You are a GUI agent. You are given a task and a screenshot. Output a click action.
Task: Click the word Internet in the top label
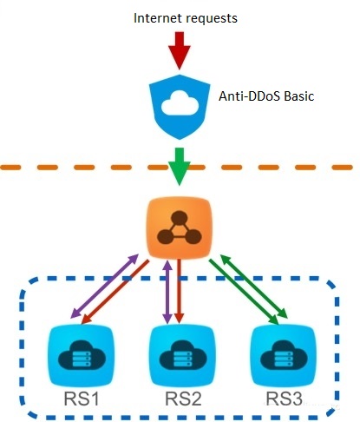pyautogui.click(x=157, y=18)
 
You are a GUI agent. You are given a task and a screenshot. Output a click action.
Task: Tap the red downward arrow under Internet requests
pyautogui.click(x=180, y=50)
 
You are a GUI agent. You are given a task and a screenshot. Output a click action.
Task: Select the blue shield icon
pyautogui.click(x=180, y=107)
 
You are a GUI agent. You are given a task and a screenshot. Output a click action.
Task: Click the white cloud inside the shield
pyautogui.click(x=180, y=103)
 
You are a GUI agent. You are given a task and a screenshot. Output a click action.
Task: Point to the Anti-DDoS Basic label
pyautogui.click(x=266, y=96)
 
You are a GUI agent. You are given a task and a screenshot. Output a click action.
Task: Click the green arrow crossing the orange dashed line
pyautogui.click(x=180, y=167)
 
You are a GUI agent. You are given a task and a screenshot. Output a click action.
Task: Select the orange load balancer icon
pyautogui.click(x=180, y=227)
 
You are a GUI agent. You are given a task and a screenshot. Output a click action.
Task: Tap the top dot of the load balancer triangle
pyautogui.click(x=180, y=218)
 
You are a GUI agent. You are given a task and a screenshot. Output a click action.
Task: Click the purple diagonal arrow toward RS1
pyautogui.click(x=105, y=286)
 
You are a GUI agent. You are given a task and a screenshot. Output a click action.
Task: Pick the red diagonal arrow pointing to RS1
pyautogui.click(x=115, y=292)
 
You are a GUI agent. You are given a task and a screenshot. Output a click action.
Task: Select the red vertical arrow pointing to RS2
pyautogui.click(x=179, y=291)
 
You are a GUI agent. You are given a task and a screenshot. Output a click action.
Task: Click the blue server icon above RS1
pyautogui.click(x=82, y=355)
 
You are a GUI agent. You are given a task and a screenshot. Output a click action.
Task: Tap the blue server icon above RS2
pyautogui.click(x=182, y=355)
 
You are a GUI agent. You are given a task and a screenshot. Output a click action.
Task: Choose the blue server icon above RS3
pyautogui.click(x=284, y=355)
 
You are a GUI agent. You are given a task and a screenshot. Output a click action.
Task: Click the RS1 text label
pyautogui.click(x=82, y=399)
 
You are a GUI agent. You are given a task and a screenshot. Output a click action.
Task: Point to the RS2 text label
pyautogui.click(x=183, y=399)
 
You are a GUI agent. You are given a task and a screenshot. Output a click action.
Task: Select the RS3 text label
pyautogui.click(x=285, y=399)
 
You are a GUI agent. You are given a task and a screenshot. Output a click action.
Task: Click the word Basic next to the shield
pyautogui.click(x=299, y=96)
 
